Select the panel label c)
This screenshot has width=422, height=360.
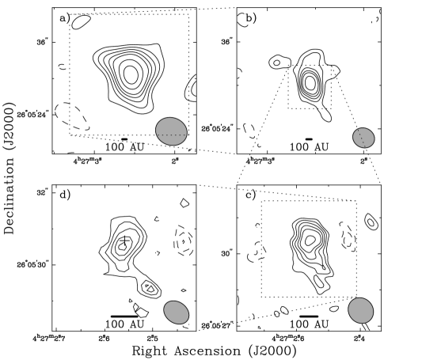[250, 194]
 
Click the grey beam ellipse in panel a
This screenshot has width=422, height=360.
[172, 131]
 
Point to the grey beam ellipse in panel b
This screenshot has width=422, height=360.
[363, 138]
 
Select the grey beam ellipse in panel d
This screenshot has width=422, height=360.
[177, 312]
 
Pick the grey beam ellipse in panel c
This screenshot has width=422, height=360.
[360, 310]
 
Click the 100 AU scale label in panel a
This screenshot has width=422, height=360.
[125, 146]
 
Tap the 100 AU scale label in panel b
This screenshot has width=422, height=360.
[310, 146]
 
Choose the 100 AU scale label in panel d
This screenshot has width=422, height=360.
[125, 324]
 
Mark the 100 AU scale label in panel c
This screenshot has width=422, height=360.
[310, 324]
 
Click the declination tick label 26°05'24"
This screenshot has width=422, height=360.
[217, 127]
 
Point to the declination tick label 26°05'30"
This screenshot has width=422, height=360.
[33, 264]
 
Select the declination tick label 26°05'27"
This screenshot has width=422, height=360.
[217, 324]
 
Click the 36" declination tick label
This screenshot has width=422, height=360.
[226, 41]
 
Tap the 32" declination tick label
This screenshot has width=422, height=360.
[43, 191]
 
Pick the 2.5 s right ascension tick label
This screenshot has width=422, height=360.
[153, 338]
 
